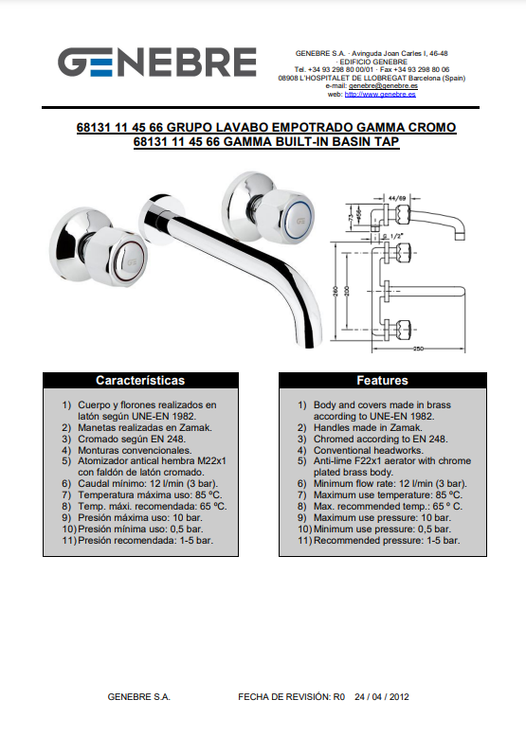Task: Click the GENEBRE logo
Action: pyautogui.click(x=157, y=62)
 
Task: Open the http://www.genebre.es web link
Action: pyautogui.click(x=380, y=95)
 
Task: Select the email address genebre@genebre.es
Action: pyautogui.click(x=383, y=86)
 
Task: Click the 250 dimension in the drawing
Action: pyautogui.click(x=418, y=349)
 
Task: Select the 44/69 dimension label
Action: pyautogui.click(x=397, y=198)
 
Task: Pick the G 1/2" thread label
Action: pyautogui.click(x=390, y=236)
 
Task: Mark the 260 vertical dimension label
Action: pyautogui.click(x=336, y=292)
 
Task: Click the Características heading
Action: pyautogui.click(x=140, y=380)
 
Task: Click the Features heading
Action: pyautogui.click(x=382, y=380)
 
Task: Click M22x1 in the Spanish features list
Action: pyautogui.click(x=211, y=461)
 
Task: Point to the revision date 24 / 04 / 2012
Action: pyautogui.click(x=382, y=697)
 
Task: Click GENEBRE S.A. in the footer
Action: pyautogui.click(x=139, y=697)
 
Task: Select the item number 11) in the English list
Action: pyautogui.click(x=305, y=541)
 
